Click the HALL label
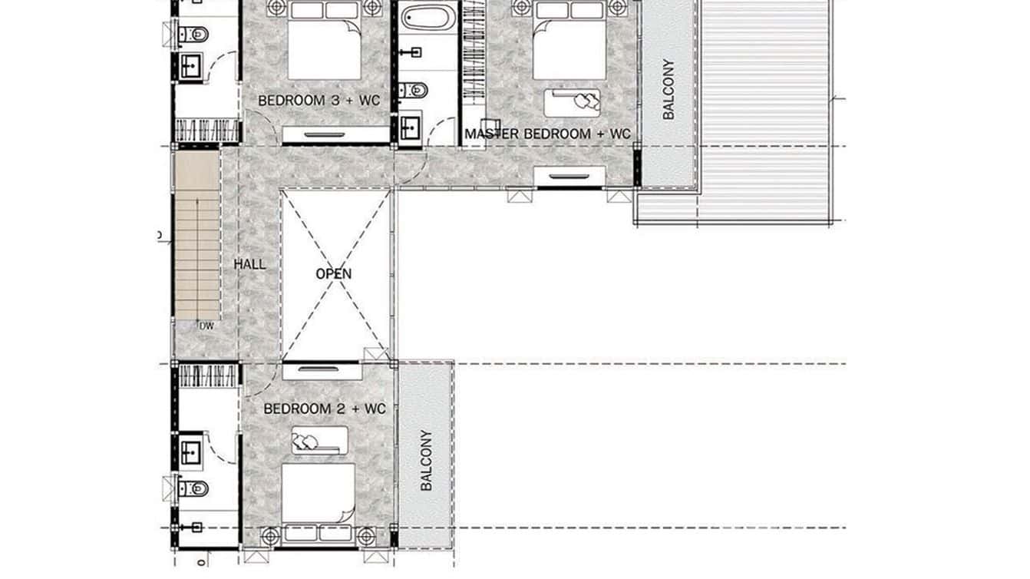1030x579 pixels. tap(249, 265)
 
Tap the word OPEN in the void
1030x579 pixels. tap(334, 274)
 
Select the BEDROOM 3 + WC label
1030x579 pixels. tap(319, 101)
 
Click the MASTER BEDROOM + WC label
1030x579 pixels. tap(547, 134)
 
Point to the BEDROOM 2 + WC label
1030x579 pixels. tap(324, 409)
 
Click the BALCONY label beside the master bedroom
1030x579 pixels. tap(669, 89)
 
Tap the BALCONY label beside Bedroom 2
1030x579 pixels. tap(427, 460)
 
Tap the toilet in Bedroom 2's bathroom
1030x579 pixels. tap(193, 488)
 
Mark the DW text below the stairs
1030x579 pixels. tap(206, 326)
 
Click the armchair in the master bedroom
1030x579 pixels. tap(573, 102)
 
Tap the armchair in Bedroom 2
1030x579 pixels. tap(319, 441)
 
